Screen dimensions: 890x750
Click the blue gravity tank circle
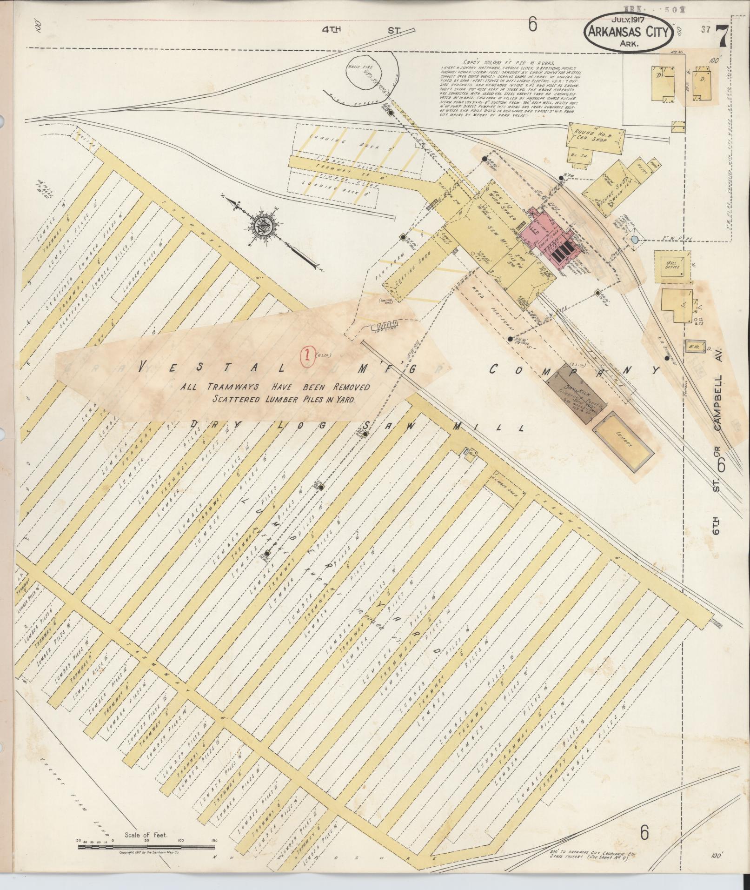[x=635, y=240]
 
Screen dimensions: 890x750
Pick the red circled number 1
[x=306, y=355]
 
